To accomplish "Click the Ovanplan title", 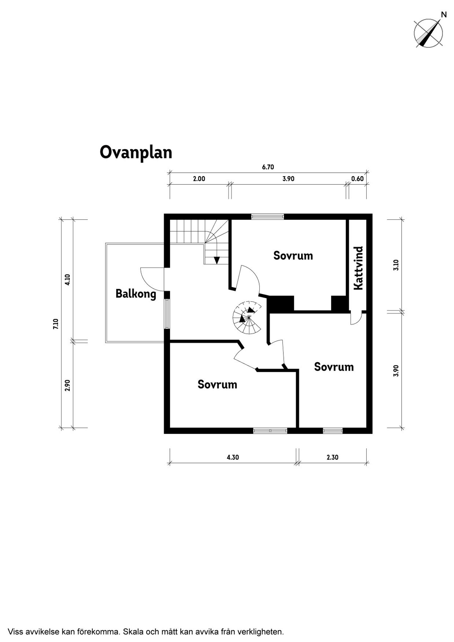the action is click(136, 153).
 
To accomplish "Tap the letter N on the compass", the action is click(444, 14).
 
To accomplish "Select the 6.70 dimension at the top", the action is click(268, 167).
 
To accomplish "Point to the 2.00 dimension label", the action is click(199, 179).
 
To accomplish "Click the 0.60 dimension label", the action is click(358, 179).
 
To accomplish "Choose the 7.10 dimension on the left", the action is click(56, 324).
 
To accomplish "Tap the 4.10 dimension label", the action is click(67, 280).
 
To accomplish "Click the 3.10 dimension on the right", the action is click(396, 265).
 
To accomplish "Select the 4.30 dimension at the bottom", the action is click(233, 457).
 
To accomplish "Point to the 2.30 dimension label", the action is click(332, 457).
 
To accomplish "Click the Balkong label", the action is click(136, 294).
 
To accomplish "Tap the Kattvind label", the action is click(358, 268).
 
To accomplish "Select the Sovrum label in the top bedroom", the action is click(293, 256).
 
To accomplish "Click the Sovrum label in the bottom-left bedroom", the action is click(217, 385).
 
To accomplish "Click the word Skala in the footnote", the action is click(132, 623).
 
